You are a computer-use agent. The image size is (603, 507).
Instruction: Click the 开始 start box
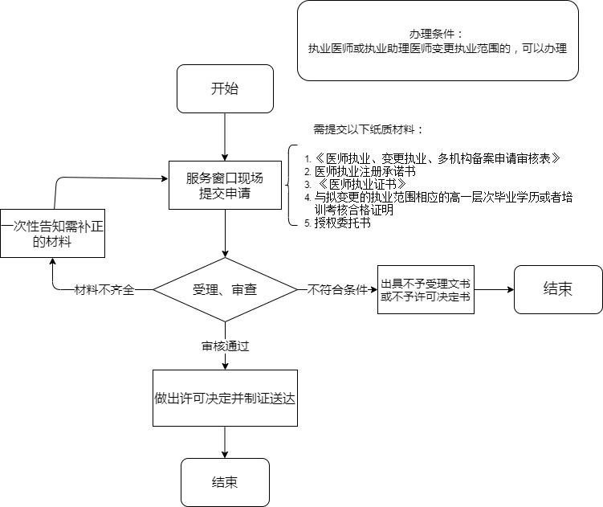tap(225, 88)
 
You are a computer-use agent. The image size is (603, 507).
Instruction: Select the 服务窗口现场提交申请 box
tap(225, 186)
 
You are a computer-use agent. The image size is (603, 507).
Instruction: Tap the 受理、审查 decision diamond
tap(225, 289)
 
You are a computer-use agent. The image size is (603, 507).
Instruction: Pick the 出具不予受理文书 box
tap(426, 290)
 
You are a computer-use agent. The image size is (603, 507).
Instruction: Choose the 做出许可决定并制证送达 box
tap(225, 398)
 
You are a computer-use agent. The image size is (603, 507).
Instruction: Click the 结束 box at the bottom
tap(225, 482)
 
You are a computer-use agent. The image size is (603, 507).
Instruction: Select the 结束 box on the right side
tap(558, 289)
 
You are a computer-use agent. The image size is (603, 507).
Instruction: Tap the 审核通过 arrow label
tap(225, 346)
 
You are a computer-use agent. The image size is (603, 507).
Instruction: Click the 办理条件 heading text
tap(437, 34)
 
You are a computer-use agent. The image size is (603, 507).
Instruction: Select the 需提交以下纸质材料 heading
tap(367, 129)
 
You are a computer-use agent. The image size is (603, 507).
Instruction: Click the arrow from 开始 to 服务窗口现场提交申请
tap(225, 137)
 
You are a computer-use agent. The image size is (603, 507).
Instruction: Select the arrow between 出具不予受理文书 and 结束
tap(494, 289)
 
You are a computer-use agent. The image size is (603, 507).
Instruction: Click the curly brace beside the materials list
tap(291, 186)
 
